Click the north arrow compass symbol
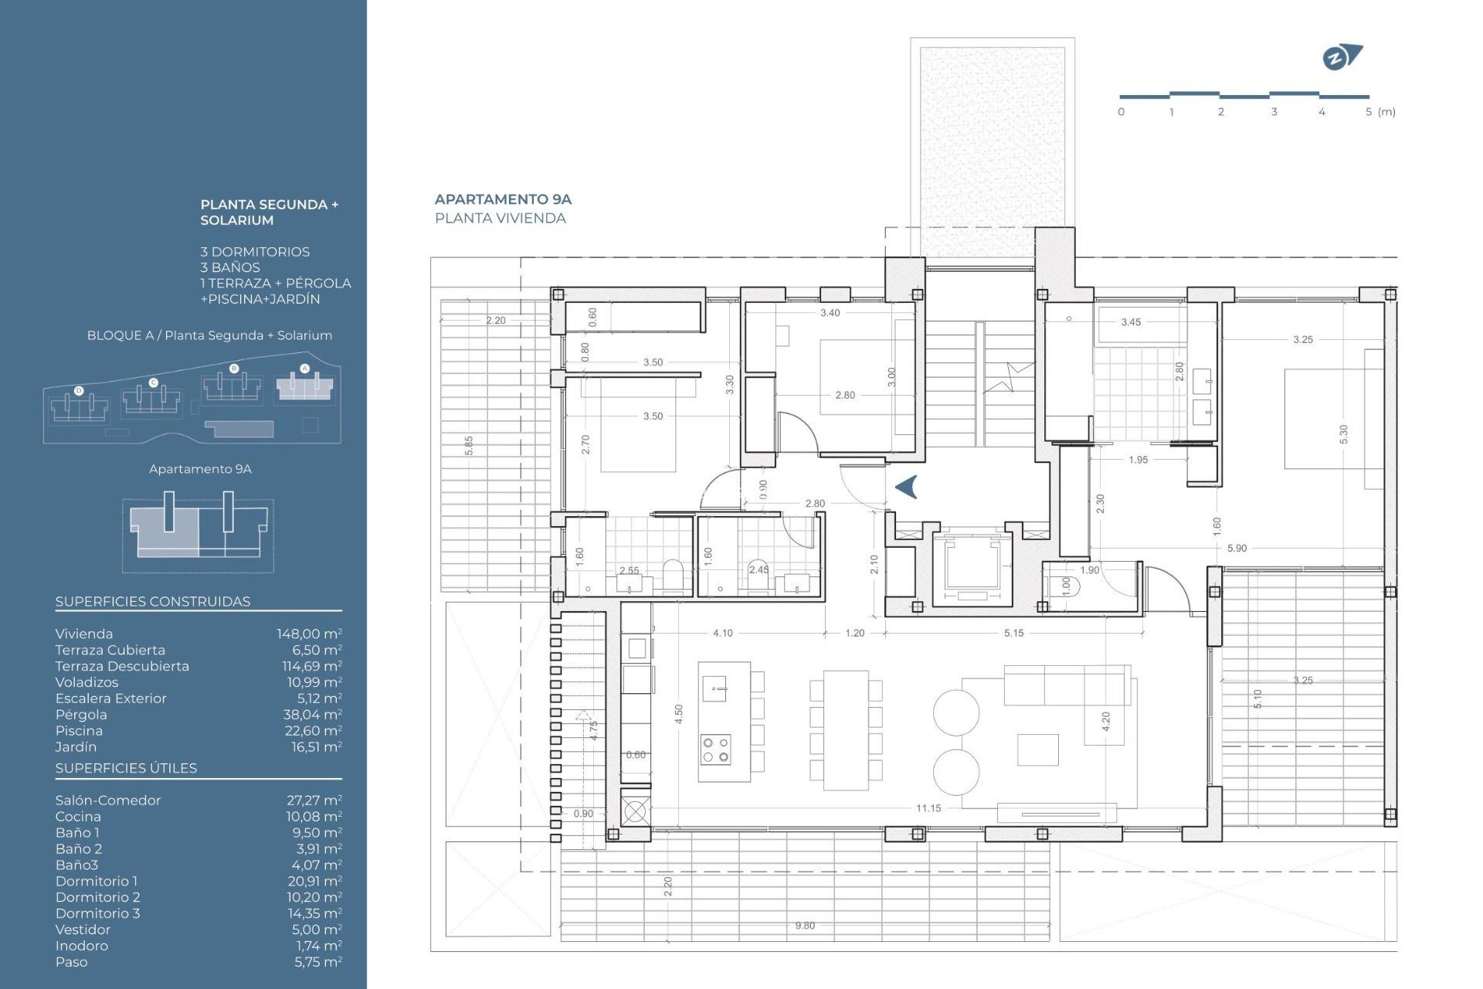tap(1342, 57)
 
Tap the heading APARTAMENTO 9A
tap(503, 199)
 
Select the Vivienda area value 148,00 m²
tap(309, 634)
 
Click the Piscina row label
tap(79, 731)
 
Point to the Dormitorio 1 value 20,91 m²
tap(314, 881)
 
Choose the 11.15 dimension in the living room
tap(928, 808)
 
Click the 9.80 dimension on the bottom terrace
tap(805, 926)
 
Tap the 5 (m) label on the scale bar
tap(1380, 112)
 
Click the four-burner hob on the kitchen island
tap(715, 749)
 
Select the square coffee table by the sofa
tap(1037, 749)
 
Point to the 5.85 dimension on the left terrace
tap(469, 445)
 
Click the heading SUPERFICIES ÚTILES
tap(126, 768)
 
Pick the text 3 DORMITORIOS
tap(255, 252)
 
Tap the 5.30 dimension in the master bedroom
tap(1343, 434)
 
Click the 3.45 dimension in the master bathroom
tap(1131, 322)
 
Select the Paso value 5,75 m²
tap(317, 962)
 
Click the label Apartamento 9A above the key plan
tap(200, 469)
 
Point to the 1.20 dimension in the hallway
tap(854, 633)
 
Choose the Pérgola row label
tap(81, 715)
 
